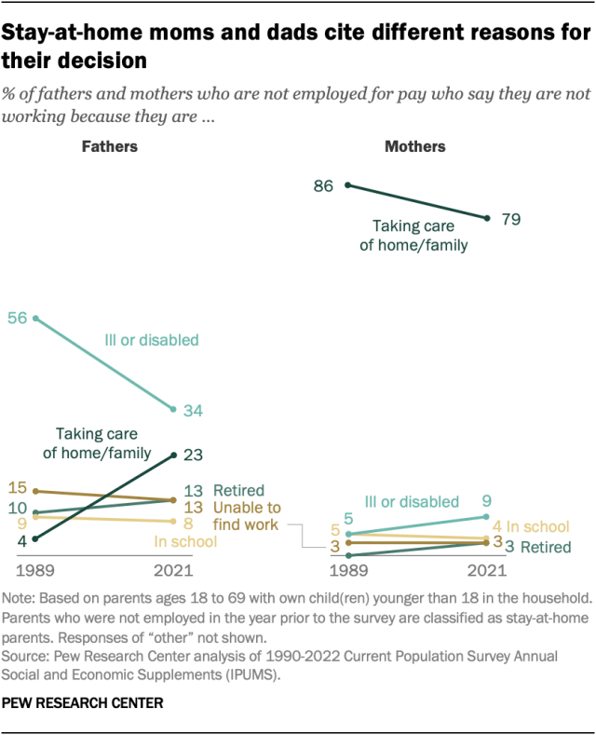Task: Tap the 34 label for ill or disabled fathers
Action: [194, 410]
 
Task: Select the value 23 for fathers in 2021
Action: [194, 455]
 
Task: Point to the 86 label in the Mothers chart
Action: [323, 185]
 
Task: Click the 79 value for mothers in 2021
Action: [509, 220]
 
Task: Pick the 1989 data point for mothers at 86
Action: [347, 184]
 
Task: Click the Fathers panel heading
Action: [109, 146]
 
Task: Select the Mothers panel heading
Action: [415, 146]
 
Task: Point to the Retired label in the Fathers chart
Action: [238, 490]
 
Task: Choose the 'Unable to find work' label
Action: [247, 516]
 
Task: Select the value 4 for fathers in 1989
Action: [20, 539]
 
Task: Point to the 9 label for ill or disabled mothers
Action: [486, 500]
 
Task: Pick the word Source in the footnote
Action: [27, 656]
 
